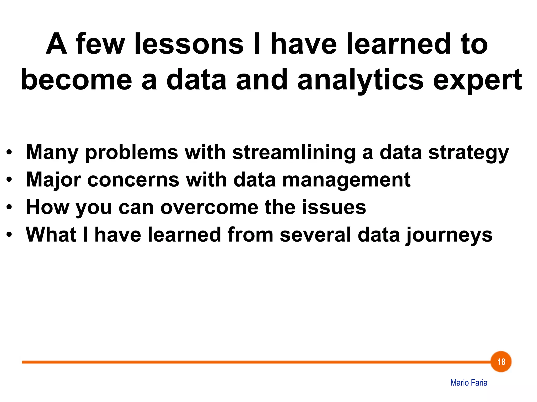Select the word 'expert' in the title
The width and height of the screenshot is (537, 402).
[477, 80]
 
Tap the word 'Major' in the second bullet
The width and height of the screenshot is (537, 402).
[53, 180]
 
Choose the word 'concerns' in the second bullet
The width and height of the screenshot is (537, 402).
[133, 180]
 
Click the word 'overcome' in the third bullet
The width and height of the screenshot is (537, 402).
[209, 207]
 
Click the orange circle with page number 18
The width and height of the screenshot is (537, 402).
[501, 362]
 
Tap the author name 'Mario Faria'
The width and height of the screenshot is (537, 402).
[469, 383]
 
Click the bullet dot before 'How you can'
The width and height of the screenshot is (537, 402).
[9, 207]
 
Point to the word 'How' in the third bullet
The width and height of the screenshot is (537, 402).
[47, 207]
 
